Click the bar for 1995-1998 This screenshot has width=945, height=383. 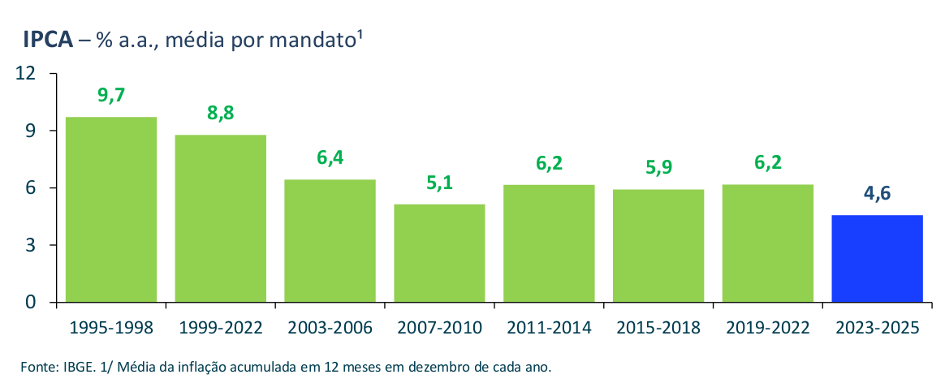coord(110,209)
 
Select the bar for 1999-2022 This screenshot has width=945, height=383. coord(220,218)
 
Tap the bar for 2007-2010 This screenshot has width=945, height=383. coord(439,253)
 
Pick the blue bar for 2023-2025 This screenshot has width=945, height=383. coord(878,258)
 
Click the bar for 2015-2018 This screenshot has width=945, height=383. coord(658,246)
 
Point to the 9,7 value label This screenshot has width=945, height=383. coord(111,95)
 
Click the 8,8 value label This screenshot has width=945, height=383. coord(220,114)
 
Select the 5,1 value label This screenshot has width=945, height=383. coord(439,183)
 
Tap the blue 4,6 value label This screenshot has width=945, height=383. coord(878,194)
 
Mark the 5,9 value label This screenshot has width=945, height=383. coord(658,168)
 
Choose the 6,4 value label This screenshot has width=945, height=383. coord(330,158)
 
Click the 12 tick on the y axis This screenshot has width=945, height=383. coord(26,74)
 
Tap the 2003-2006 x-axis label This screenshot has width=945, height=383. coord(330,328)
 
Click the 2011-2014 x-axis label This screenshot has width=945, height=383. coord(549,328)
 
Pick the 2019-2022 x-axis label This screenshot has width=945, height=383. coord(768,328)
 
